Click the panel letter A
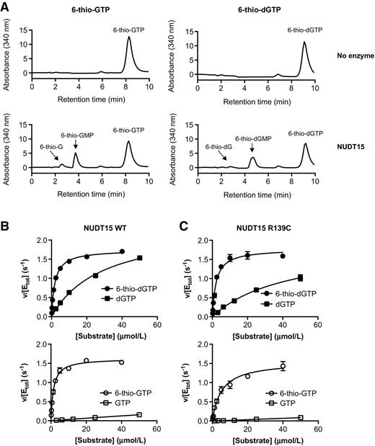point(6,6)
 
